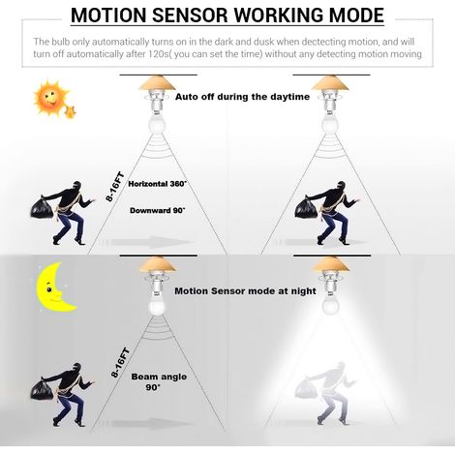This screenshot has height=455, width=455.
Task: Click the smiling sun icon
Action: tap(50, 97)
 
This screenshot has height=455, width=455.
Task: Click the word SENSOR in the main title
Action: tap(190, 15)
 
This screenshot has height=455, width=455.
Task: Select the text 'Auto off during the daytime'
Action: tap(242, 97)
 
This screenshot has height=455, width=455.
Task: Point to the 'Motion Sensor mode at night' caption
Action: tap(245, 291)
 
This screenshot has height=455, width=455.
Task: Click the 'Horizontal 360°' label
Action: tap(158, 184)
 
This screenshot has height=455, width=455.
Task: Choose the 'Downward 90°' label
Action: tap(158, 211)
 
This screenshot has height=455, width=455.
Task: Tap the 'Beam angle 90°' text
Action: tap(159, 381)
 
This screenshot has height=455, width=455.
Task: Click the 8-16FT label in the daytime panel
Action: tap(115, 187)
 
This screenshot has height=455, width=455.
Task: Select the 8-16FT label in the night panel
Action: tap(120, 363)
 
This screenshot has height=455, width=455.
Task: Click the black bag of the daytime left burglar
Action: tap(42, 207)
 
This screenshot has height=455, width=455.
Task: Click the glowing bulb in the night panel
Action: tap(331, 304)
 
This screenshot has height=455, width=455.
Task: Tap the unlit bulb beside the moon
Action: tap(158, 306)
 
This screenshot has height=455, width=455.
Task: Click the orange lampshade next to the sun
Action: tap(158, 82)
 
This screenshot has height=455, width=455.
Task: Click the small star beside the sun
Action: tap(71, 112)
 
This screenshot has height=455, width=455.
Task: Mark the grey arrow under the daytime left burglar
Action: tap(147, 242)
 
